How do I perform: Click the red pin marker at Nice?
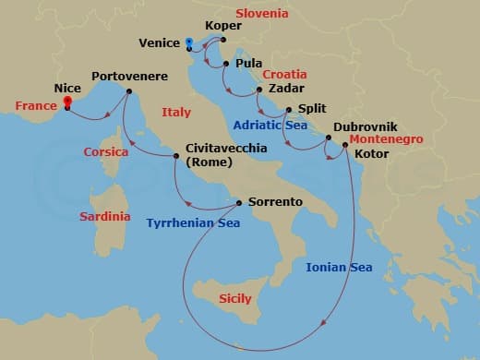click(x=67, y=103)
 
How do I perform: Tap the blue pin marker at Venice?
click(x=188, y=42)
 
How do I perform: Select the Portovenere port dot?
click(x=128, y=90)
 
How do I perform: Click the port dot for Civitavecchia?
click(x=176, y=155)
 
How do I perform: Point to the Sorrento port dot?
click(x=239, y=202)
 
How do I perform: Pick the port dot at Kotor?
click(x=344, y=145)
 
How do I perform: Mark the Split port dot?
click(x=290, y=109)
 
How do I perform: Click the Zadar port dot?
click(x=259, y=90)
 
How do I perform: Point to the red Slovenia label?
click(x=262, y=14)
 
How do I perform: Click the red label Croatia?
click(x=285, y=74)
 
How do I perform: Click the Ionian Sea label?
click(x=339, y=268)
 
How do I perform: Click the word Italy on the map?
click(x=175, y=113)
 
